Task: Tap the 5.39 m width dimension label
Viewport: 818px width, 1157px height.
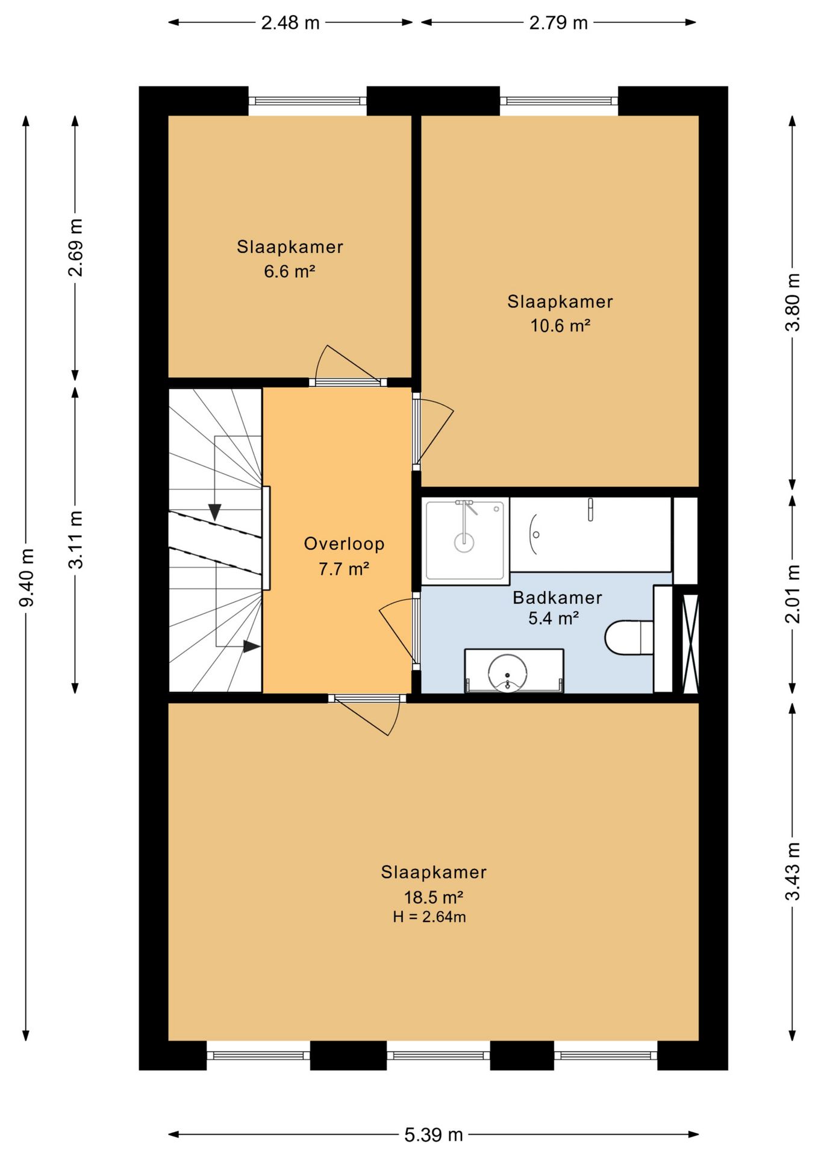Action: point(433,1135)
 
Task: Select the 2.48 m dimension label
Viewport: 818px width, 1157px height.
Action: point(290,23)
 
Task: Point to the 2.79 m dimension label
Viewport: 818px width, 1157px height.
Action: point(558,23)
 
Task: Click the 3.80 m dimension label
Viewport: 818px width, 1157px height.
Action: point(793,302)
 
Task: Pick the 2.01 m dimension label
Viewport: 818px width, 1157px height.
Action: point(793,594)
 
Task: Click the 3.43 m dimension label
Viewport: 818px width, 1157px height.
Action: point(793,871)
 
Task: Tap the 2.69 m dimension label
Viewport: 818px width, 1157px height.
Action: point(75,247)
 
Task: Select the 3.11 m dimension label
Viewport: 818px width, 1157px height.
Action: point(75,539)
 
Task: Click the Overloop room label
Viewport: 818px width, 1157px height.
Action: point(344,544)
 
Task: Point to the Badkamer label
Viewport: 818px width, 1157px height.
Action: point(557,598)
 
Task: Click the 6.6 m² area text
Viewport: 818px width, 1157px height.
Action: point(290,271)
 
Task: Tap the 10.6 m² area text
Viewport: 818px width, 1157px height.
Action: point(560,325)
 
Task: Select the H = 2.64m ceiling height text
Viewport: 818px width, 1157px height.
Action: point(429,917)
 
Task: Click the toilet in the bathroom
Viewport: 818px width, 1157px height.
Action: point(629,637)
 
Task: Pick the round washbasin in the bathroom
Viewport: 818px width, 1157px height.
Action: point(508,673)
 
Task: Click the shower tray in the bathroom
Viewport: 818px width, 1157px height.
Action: point(464,541)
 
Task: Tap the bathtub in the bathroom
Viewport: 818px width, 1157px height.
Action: point(590,535)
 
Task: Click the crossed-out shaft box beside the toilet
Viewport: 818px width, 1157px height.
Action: point(690,643)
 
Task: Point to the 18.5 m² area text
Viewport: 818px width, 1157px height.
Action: point(433,897)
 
